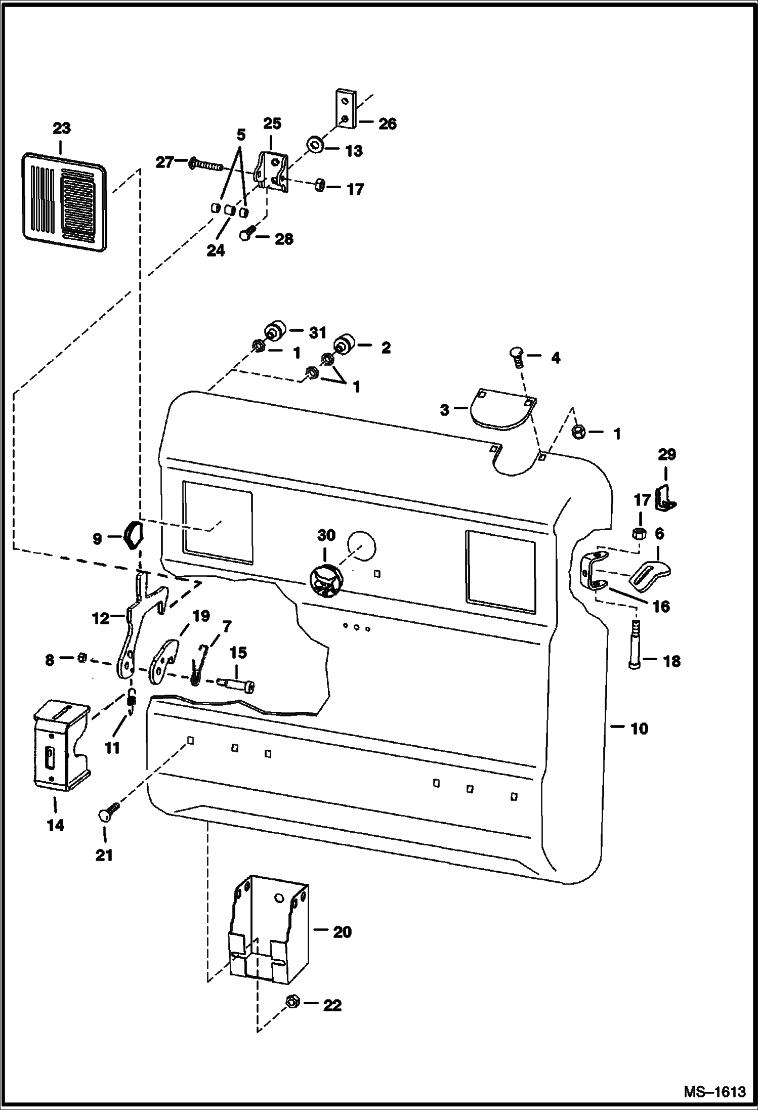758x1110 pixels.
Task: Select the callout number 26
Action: point(388,123)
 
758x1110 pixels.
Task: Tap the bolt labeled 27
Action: point(206,165)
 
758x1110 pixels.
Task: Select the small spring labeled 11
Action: point(131,703)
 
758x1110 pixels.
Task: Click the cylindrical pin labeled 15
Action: point(237,685)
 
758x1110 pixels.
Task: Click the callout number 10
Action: point(639,729)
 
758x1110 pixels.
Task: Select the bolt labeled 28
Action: point(246,235)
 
